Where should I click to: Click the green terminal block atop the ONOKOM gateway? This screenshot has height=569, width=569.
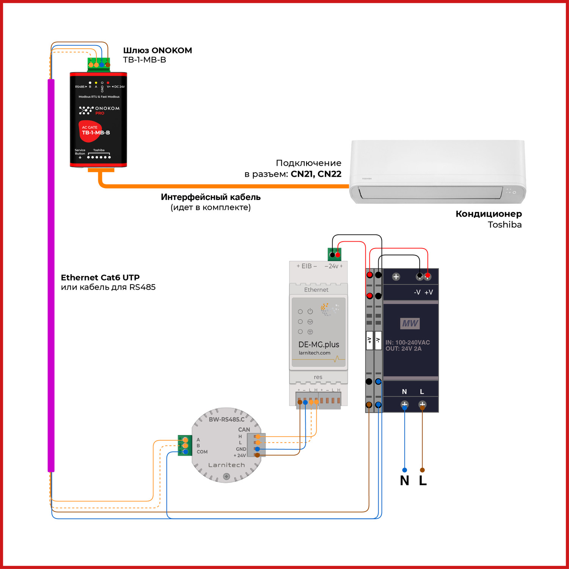point(99,64)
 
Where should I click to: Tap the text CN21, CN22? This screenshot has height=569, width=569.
point(316,174)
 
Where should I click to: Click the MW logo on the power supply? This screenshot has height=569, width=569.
point(410,323)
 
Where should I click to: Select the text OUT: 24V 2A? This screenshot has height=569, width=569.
point(403,349)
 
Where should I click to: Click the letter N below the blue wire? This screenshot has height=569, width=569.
point(404,481)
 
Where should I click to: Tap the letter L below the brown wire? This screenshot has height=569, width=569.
point(423,481)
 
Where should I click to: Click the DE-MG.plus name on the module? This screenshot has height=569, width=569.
point(319,344)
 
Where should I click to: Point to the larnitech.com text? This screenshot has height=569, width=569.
point(314,353)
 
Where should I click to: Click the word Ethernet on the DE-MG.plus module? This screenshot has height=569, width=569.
point(316,290)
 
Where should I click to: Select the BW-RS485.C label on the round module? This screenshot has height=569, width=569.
point(226,419)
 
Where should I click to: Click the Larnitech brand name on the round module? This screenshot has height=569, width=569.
point(226,465)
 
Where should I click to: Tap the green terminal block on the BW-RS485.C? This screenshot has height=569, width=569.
point(185,446)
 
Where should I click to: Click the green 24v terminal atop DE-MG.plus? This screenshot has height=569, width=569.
point(335,254)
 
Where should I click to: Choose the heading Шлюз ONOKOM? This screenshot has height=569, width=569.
point(157,50)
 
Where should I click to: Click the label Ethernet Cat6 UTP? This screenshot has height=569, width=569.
point(100,278)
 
